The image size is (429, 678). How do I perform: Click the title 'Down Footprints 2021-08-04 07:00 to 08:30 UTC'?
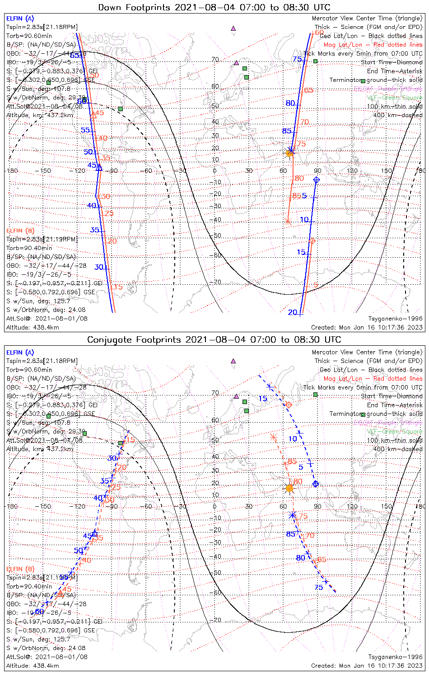[214, 7]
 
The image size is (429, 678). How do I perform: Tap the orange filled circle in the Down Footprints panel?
[289, 153]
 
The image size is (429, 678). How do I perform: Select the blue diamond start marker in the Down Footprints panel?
[316, 180]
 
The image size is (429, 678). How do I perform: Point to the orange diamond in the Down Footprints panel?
[312, 241]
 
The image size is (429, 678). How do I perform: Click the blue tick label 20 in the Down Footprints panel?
[293, 312]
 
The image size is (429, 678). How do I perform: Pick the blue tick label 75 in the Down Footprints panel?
[297, 59]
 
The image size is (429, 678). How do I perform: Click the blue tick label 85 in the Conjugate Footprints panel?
[290, 534]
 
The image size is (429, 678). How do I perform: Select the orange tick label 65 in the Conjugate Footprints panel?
[322, 560]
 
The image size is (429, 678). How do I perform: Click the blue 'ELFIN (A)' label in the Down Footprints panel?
[20, 19]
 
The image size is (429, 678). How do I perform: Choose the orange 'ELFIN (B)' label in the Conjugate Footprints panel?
[20, 569]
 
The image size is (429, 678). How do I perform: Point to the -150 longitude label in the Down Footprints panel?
[46, 171]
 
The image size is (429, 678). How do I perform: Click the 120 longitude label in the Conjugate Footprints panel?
[352, 506]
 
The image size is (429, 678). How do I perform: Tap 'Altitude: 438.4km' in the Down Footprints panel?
[33, 327]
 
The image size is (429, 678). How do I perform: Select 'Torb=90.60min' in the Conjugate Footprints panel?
[29, 370]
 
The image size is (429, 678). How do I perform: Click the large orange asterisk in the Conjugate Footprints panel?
[274, 437]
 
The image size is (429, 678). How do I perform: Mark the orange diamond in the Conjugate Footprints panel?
[289, 404]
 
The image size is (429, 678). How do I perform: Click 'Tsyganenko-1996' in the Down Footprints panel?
[395, 319]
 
